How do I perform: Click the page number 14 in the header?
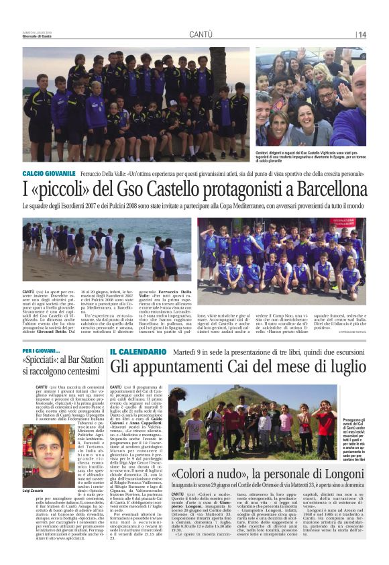362,34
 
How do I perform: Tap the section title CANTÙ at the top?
201,34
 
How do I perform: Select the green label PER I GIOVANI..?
42,351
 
